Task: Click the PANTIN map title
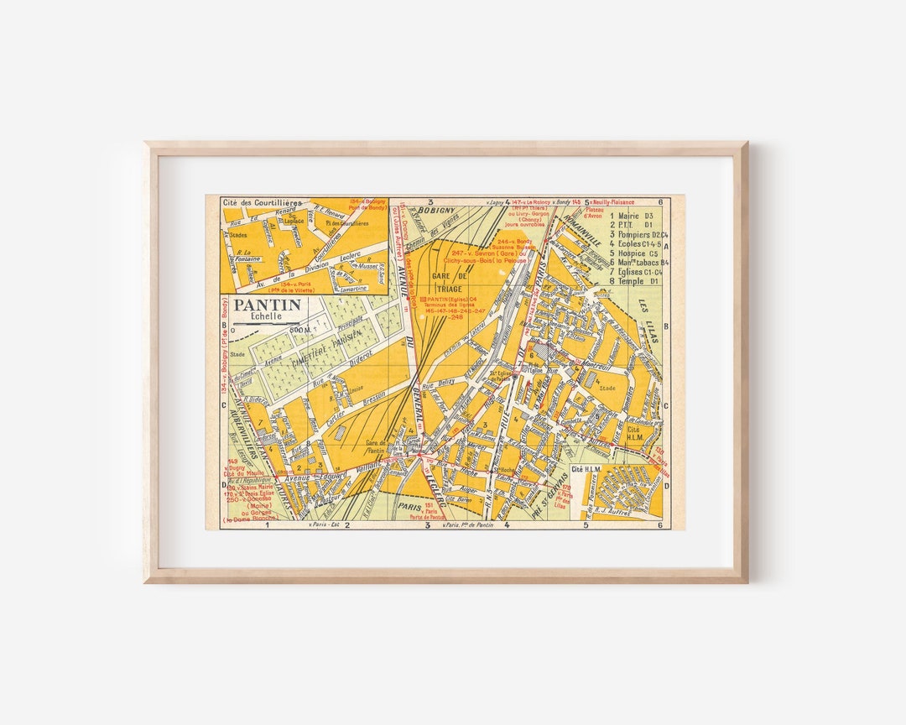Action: click(x=267, y=305)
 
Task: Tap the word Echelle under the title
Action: click(x=265, y=317)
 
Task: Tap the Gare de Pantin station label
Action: click(x=376, y=446)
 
